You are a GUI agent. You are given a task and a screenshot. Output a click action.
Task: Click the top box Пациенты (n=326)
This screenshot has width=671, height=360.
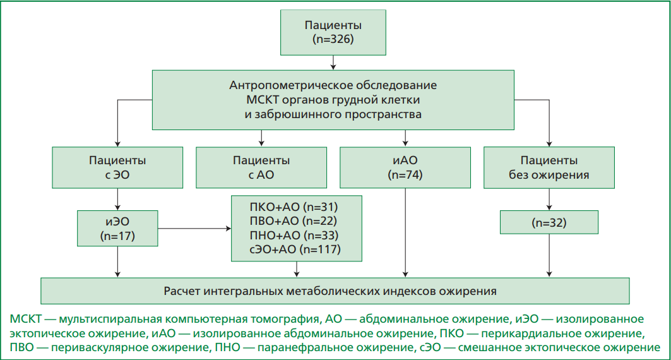coord(333,33)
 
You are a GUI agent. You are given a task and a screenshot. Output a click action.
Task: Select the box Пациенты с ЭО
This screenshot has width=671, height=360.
coord(117,167)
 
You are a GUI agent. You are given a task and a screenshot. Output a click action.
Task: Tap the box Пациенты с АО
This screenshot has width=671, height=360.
coord(261,167)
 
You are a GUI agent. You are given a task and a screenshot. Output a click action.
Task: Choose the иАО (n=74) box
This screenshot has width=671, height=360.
coord(405,167)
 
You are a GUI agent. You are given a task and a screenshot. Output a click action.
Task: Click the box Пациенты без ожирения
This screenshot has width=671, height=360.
coord(549,167)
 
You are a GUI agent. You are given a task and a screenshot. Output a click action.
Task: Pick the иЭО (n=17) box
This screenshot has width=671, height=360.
coord(117,228)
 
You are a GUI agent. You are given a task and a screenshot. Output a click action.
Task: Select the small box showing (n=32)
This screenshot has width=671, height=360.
coord(549,222)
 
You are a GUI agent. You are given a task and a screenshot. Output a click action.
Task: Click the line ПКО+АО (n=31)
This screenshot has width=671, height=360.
coord(294,207)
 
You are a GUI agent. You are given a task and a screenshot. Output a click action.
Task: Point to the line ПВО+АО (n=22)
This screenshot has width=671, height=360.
coord(294,221)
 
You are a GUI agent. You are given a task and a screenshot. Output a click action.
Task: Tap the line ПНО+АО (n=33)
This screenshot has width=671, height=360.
coord(294,235)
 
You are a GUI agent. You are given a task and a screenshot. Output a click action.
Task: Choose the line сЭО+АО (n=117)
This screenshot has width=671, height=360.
coord(295,249)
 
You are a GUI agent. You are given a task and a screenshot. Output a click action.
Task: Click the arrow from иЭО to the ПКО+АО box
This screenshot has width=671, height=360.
coord(194,229)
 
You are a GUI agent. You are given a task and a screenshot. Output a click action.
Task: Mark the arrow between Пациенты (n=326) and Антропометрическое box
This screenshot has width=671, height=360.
coord(333,63)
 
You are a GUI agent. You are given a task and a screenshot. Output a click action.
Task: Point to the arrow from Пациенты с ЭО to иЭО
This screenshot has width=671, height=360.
coord(117,200)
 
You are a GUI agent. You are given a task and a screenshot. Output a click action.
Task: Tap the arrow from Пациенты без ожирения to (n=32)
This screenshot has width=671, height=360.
coord(549,200)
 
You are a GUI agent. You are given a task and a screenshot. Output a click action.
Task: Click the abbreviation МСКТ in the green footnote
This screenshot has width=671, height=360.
coord(26,320)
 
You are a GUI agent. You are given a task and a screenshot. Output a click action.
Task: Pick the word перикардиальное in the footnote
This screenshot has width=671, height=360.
coord(526,333)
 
